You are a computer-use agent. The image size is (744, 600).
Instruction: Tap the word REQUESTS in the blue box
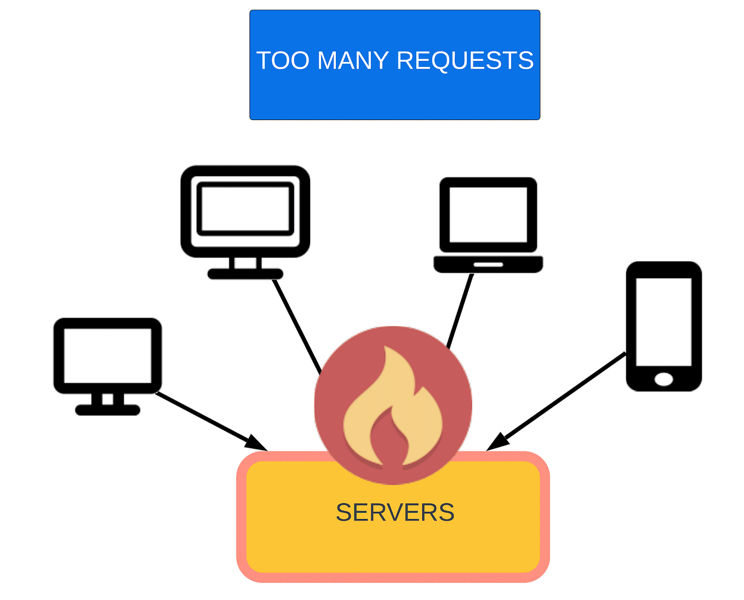click(x=465, y=60)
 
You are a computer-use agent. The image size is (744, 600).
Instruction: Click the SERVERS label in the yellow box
click(x=395, y=513)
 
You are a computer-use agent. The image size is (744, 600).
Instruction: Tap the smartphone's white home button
click(x=663, y=379)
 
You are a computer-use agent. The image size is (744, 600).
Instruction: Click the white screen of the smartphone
click(x=663, y=321)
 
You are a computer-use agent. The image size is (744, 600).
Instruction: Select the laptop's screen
click(x=488, y=214)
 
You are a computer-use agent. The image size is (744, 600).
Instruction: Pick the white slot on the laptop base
click(x=488, y=264)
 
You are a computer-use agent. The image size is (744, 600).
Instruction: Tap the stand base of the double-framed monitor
click(x=245, y=274)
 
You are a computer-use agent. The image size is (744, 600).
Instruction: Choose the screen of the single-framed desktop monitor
click(x=107, y=355)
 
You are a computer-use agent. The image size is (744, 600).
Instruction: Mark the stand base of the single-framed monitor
click(x=107, y=410)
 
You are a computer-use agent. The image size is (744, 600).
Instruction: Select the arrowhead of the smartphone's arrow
click(x=496, y=443)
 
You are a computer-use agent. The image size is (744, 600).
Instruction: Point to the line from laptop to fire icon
click(x=460, y=310)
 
